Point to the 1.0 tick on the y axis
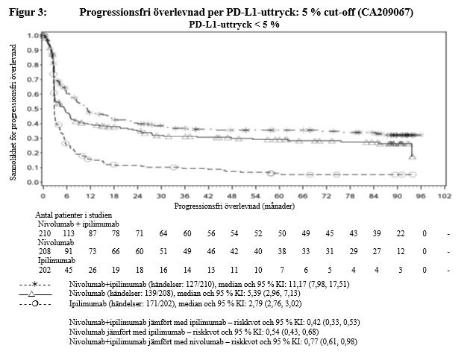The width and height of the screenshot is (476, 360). [x=33, y=36]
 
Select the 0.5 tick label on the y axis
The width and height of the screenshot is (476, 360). [x=33, y=109]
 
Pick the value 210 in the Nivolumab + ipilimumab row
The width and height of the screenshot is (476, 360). [x=44, y=233]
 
